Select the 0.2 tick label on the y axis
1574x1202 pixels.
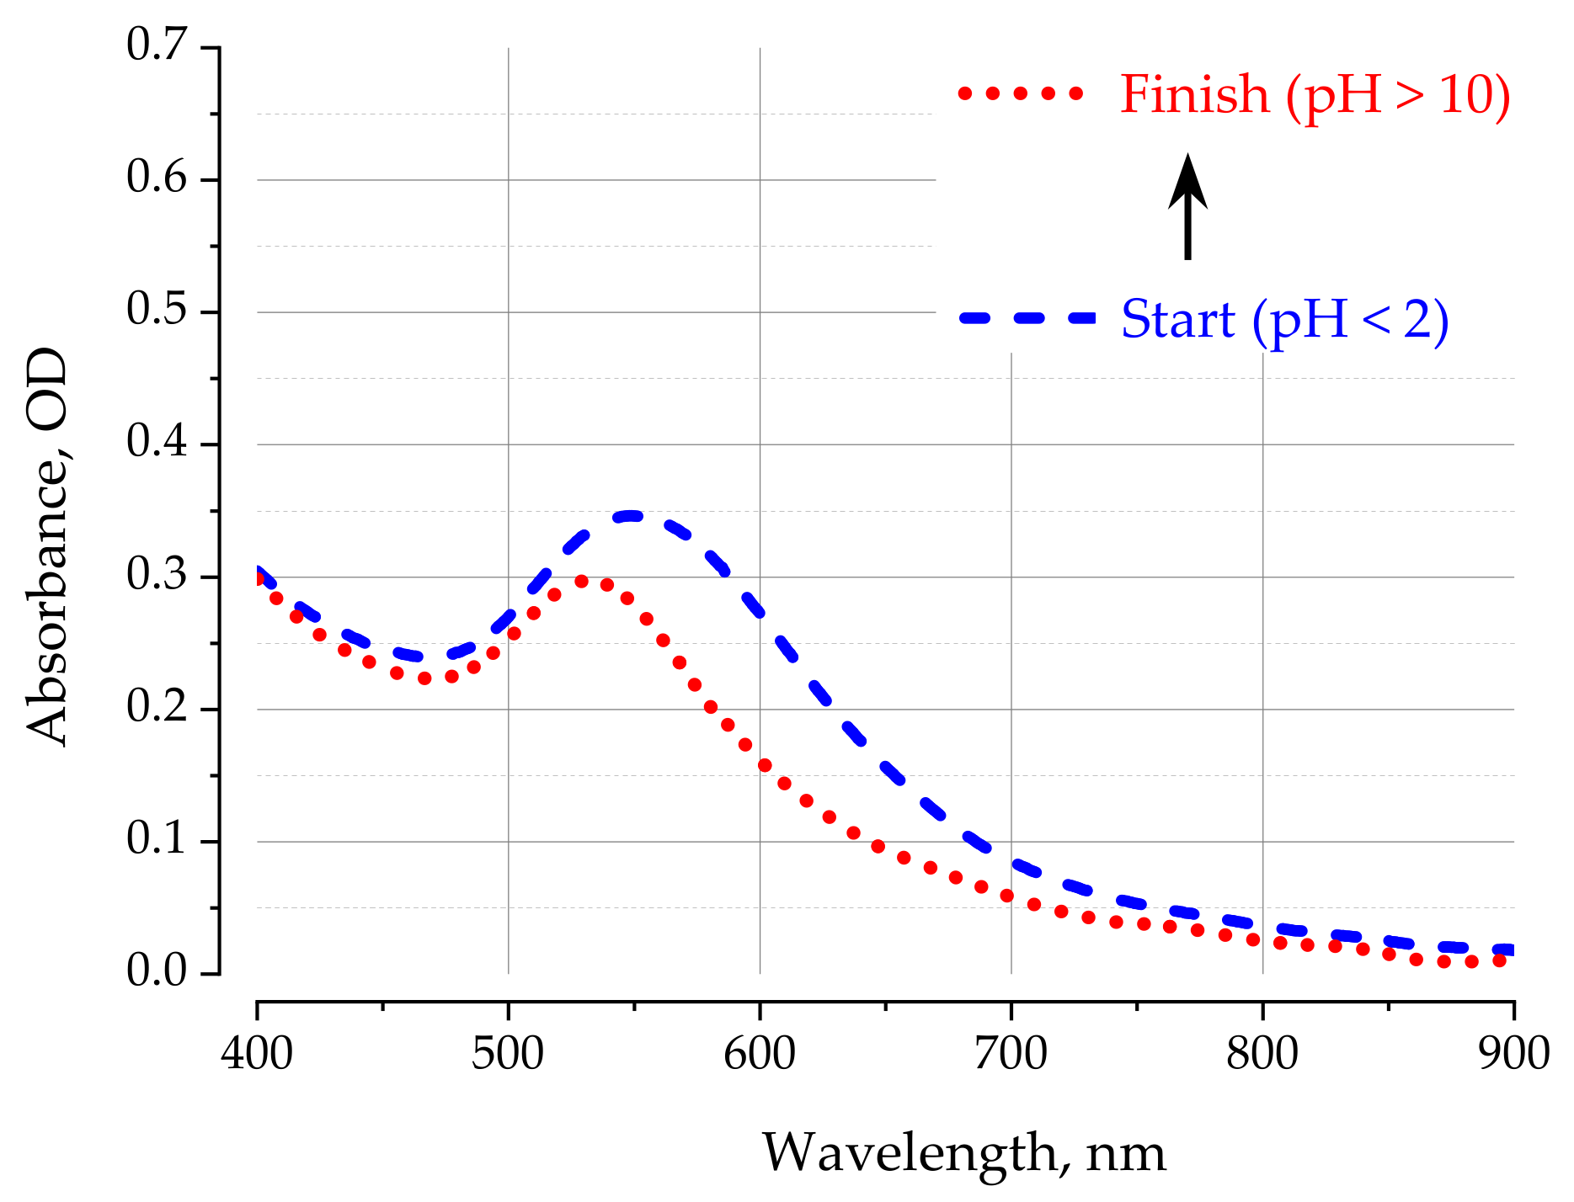pos(157,707)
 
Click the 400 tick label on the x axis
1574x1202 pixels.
pos(257,1053)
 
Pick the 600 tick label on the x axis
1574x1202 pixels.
pos(760,1053)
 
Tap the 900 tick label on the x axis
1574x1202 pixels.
pos(1513,1053)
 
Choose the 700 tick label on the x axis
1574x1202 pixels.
pos(1011,1053)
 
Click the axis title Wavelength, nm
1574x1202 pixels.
pos(964,1152)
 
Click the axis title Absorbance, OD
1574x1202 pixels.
pos(46,547)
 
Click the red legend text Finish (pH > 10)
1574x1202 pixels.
pos(1315,94)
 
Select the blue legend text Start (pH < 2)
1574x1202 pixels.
pos(1285,320)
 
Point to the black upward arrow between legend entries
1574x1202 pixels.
pos(1187,206)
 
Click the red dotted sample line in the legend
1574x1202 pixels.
pos(1021,93)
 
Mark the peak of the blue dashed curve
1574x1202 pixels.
pos(631,515)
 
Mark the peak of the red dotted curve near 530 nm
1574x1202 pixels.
pos(581,581)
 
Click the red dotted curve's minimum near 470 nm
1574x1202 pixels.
pos(425,678)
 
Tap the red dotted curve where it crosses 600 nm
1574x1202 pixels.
pos(764,765)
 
